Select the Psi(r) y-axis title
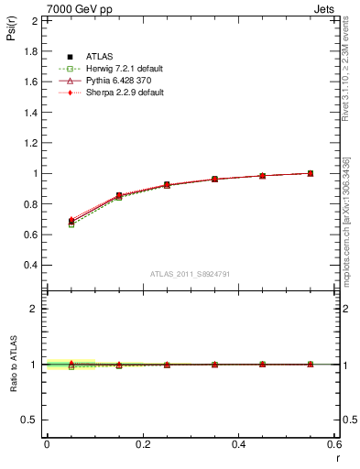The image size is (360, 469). pyautogui.click(x=12, y=34)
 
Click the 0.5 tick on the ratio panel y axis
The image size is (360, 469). pyautogui.click(x=30, y=420)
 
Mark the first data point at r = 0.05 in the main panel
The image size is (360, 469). pyautogui.click(x=71, y=222)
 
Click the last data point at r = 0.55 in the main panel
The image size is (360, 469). pyautogui.click(x=310, y=173)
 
